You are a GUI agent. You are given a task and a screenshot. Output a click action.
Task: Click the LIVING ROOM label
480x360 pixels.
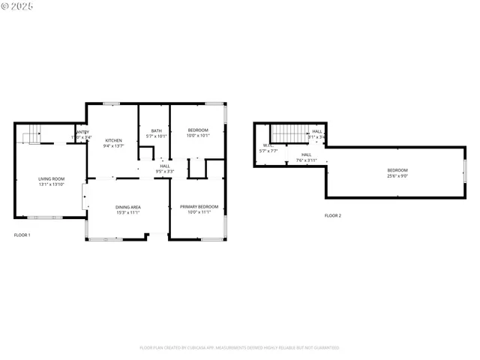tap(52, 178)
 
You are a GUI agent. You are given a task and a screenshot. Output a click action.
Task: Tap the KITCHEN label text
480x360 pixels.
tap(113, 140)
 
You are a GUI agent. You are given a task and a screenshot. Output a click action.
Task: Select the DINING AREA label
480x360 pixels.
tap(127, 207)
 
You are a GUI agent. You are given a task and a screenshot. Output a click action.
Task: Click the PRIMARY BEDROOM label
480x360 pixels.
tap(199, 207)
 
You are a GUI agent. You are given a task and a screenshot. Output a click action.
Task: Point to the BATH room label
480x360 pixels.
tap(156, 130)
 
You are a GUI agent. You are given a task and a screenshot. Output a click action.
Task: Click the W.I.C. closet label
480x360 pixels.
tap(267, 145)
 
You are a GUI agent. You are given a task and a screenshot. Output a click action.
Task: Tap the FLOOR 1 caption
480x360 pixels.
tap(22, 235)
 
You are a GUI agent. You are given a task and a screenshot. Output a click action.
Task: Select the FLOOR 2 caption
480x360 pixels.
tap(332, 215)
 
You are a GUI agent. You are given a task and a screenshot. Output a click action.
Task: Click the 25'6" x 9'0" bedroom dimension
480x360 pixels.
tap(397, 176)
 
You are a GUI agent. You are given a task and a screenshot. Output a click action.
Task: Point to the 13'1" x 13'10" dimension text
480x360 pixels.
tap(52, 184)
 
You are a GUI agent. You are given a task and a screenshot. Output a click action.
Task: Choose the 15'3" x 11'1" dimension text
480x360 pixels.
tap(127, 213)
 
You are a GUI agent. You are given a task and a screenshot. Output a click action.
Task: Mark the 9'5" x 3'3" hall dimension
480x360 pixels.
tap(165, 172)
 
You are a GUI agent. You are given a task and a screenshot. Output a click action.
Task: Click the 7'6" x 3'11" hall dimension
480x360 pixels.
tap(307, 160)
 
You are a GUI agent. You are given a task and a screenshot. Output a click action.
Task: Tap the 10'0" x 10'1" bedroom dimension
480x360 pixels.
tap(198, 136)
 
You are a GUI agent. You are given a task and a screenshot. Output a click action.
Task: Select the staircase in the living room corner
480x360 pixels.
tap(30, 134)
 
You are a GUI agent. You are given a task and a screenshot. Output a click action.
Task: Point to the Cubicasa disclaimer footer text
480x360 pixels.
tap(239, 347)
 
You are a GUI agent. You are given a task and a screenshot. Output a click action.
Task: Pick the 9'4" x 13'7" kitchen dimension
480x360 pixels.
tap(113, 146)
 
